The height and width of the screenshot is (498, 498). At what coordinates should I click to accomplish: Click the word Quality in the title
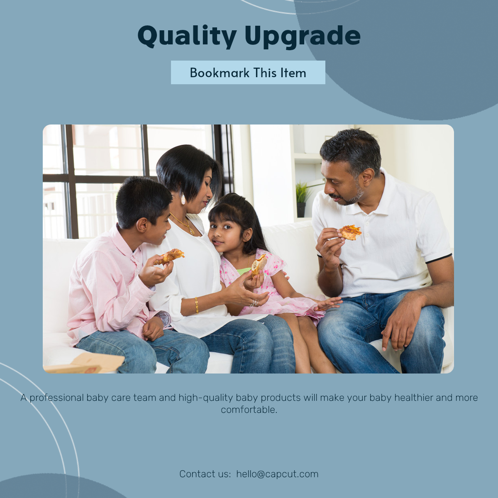187,36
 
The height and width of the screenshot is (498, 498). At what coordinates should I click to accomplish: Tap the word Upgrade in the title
302,36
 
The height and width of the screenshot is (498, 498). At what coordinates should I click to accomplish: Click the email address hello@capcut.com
277,474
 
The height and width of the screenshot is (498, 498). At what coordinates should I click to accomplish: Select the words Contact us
205,474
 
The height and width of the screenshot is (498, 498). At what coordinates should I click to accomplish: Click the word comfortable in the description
248,410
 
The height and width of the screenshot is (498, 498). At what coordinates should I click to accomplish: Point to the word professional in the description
57,398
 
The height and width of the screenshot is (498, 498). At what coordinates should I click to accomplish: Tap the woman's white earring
183,199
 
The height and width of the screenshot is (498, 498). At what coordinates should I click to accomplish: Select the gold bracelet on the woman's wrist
197,305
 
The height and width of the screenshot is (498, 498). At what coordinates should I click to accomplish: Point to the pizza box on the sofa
85,364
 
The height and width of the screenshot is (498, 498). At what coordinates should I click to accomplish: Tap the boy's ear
142,226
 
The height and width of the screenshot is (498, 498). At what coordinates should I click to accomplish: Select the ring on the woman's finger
254,303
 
